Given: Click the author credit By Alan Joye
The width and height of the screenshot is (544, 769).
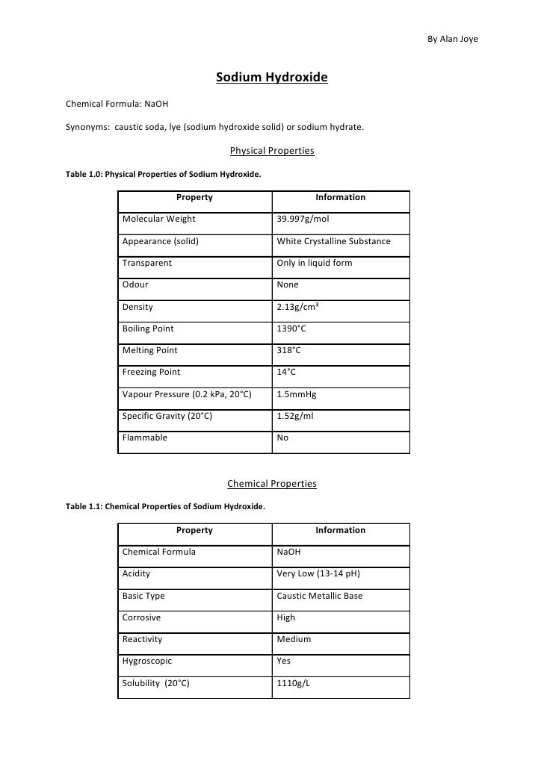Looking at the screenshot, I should (451, 40).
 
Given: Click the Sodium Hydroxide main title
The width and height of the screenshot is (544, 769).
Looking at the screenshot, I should (272, 78).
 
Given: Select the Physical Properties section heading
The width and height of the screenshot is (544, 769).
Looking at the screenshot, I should (272, 151).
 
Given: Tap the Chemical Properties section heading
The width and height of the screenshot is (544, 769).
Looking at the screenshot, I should (272, 484).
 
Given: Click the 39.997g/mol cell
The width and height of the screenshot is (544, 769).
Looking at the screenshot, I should (303, 219).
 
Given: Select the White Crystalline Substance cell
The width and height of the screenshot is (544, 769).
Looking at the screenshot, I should (333, 241).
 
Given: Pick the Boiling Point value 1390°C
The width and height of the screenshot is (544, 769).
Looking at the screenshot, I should (291, 328).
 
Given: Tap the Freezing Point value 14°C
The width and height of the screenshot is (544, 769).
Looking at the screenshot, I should (286, 372).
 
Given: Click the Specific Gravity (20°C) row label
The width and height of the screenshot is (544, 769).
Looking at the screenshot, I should (167, 416).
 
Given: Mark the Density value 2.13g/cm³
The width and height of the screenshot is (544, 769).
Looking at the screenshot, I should (298, 307).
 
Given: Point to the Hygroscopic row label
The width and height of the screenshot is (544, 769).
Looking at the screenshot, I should (146, 661).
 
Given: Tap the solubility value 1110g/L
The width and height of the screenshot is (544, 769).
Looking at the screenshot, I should (293, 683).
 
